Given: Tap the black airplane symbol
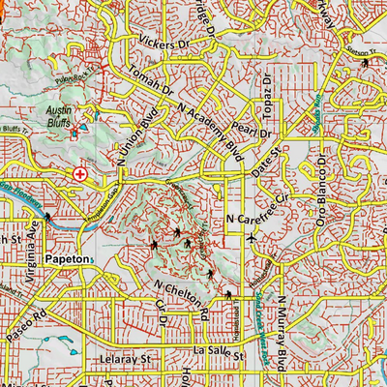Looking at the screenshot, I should pyautogui.click(x=253, y=236).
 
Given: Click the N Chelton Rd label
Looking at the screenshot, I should pyautogui.click(x=182, y=299).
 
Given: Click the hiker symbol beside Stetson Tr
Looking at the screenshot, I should pyautogui.click(x=365, y=63).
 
